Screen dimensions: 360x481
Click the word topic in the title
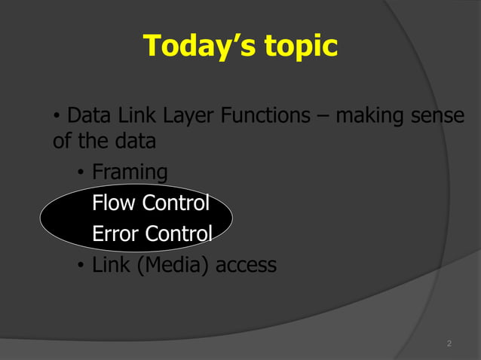[x=300, y=47]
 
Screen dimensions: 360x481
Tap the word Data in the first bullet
[x=86, y=117]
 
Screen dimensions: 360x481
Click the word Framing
[x=130, y=173]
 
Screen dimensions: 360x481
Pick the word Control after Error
[x=179, y=234]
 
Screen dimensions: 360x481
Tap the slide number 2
[x=449, y=344]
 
